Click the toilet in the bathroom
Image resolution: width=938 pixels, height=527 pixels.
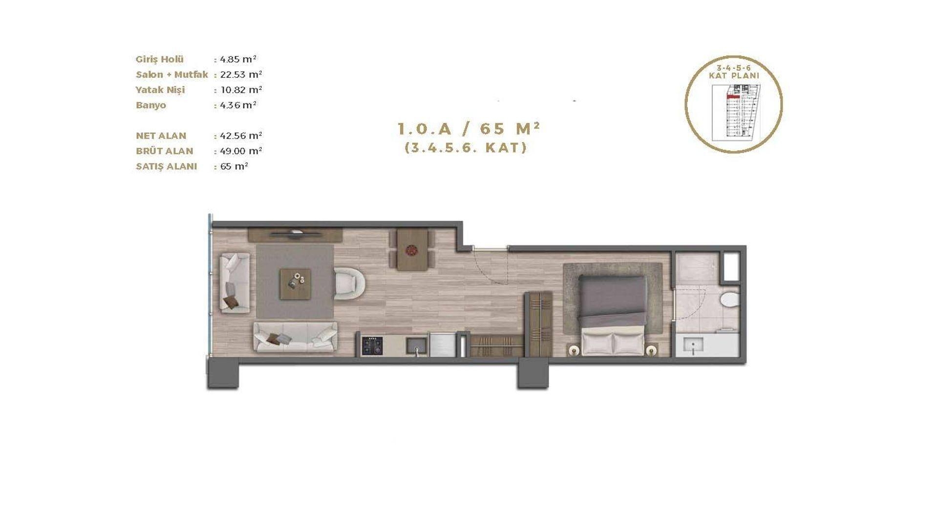click(x=730, y=300)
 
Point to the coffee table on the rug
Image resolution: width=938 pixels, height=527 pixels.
click(x=295, y=284)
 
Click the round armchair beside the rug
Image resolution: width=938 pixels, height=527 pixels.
click(x=349, y=283)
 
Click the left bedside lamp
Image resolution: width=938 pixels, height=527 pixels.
click(x=573, y=350)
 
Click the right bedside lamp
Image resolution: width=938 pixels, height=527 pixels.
click(x=651, y=350)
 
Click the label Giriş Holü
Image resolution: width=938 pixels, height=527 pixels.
click(x=160, y=59)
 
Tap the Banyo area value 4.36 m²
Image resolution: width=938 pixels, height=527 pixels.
click(x=238, y=105)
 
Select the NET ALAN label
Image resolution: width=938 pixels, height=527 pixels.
click(x=161, y=136)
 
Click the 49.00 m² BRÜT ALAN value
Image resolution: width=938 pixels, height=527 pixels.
click(x=241, y=151)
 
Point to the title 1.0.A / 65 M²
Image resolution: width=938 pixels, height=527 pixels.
click(x=469, y=129)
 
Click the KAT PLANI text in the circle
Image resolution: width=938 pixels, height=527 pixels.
click(x=734, y=76)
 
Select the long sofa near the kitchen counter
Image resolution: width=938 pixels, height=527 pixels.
click(x=295, y=337)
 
